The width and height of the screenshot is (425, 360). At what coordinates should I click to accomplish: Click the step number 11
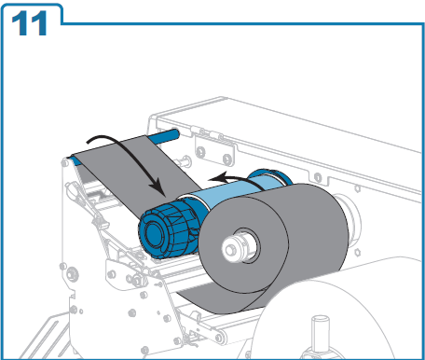(x=29, y=23)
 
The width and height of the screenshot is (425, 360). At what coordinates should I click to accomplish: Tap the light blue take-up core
(x=231, y=193)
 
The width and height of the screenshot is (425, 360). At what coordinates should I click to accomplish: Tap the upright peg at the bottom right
(x=321, y=334)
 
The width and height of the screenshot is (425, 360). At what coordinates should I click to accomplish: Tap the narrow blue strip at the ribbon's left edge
(x=75, y=161)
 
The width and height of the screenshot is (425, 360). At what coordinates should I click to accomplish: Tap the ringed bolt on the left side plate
(x=72, y=274)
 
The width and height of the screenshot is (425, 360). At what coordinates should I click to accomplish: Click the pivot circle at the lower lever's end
(x=220, y=338)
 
